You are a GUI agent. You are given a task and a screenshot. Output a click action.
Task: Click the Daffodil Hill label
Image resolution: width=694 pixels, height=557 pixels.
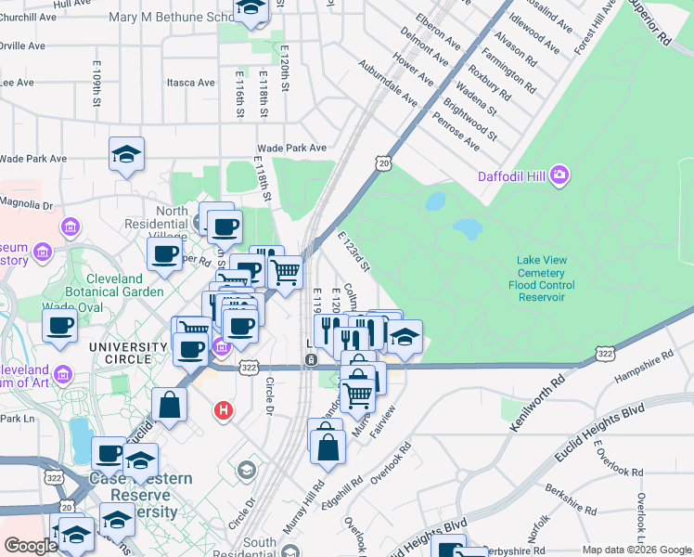pyautogui.click(x=511, y=176)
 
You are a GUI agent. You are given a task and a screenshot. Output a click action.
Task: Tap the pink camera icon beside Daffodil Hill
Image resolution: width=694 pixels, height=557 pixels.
pyautogui.click(x=559, y=174)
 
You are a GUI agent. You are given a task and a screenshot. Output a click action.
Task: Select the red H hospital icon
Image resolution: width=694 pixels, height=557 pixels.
pyautogui.click(x=223, y=409)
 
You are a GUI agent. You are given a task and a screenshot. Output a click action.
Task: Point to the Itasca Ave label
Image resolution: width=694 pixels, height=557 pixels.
pyautogui.click(x=190, y=83)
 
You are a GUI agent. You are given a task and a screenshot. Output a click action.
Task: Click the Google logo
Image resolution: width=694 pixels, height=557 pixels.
pyautogui.click(x=31, y=546)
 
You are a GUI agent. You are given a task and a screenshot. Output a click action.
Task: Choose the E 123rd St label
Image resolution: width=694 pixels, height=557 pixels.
pyautogui.click(x=354, y=253)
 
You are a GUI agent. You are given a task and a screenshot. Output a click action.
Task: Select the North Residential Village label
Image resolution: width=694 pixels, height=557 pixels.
pyautogui.click(x=172, y=218)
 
